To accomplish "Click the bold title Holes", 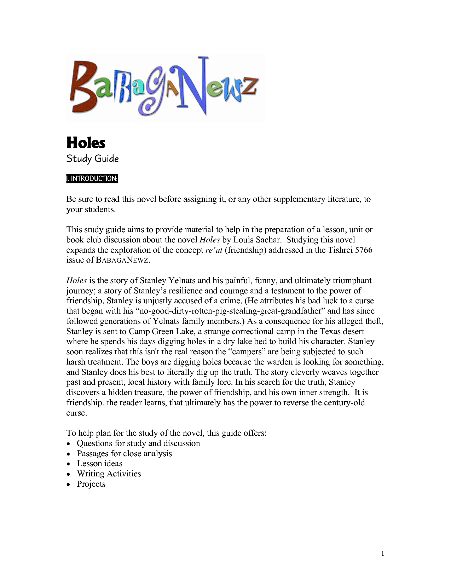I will tap(86, 143).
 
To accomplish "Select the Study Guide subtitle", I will tap(92, 159).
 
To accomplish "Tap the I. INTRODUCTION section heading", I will tap(92, 179).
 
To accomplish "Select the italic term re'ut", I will tap(214, 250).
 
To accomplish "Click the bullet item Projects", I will tap(91, 484).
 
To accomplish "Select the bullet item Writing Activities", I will tap(109, 474).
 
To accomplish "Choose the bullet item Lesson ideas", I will tap(100, 463).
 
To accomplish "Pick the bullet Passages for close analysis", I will tap(125, 453).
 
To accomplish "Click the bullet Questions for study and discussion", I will tap(138, 443).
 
